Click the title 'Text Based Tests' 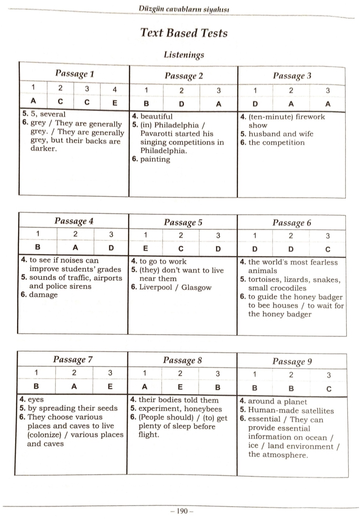184,33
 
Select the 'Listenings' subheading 184,55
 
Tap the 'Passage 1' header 74,73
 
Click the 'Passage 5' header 183,223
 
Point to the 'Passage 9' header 292,362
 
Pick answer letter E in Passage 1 115,102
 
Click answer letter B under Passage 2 146,103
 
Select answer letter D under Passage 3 255,104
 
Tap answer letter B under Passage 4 38,248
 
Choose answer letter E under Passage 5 145,249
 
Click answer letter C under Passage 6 328,249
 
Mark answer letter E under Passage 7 110,387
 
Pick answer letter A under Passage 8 144,387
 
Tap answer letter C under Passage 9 329,389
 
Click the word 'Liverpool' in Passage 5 155,287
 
